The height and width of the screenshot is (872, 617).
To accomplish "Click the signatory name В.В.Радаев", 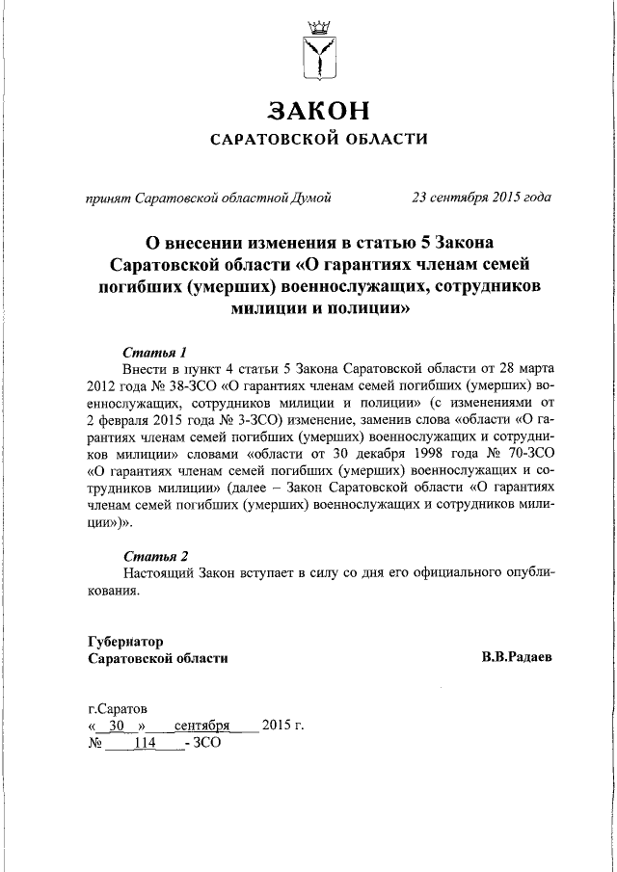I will pos(517,658).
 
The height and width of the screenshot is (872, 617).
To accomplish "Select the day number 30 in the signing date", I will pos(117,726).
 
